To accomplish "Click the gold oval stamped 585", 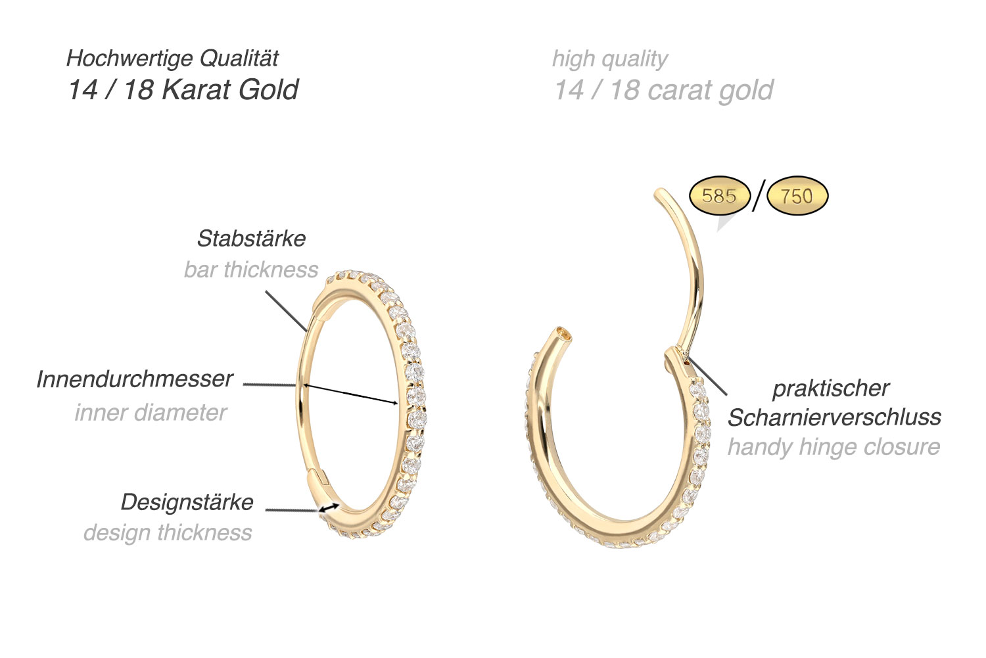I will point(719,196).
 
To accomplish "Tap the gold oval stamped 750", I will point(797,196).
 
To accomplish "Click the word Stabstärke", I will point(251,238).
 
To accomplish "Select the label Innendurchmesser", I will point(135,379).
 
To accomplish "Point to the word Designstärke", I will point(187,502).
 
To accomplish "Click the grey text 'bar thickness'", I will point(251,270).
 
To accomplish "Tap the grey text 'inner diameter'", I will point(151,412).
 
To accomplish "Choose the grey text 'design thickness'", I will point(168,532).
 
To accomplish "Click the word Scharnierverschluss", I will point(834,417).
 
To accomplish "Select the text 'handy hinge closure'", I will point(833,447).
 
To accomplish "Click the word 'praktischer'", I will point(831,388).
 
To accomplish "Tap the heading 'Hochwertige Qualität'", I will point(173,59).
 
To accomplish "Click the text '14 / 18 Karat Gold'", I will point(183,90).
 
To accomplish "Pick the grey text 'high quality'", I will point(609,59).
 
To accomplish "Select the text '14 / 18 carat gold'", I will point(663,90).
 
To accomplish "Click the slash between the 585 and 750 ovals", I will point(759,196).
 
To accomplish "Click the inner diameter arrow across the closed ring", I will point(351,394).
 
